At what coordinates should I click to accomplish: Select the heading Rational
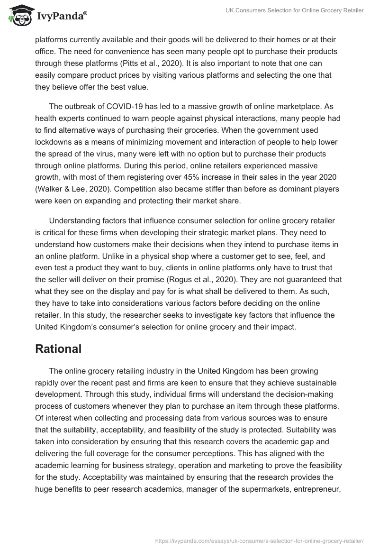point(58,349)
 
